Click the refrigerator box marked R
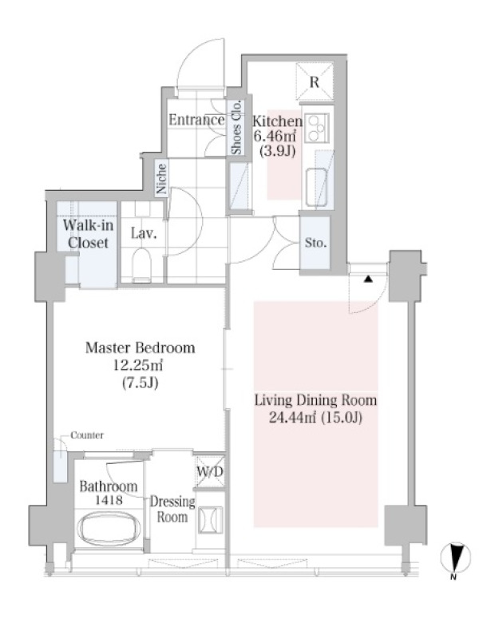point(315,82)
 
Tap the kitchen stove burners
point(317,127)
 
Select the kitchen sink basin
point(316,188)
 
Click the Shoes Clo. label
point(236,127)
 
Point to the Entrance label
point(196,120)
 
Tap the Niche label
point(162,178)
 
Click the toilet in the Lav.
point(142,265)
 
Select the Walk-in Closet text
point(88,234)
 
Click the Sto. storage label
point(315,244)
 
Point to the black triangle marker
point(368,279)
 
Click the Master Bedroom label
point(141,347)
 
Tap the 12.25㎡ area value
point(138,365)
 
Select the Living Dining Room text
point(315,400)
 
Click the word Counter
point(87,435)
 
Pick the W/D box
point(210,471)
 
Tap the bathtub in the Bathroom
point(109,529)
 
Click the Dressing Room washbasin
point(210,520)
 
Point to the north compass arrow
point(456,557)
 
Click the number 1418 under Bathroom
point(109,500)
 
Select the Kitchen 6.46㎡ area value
point(275,136)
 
